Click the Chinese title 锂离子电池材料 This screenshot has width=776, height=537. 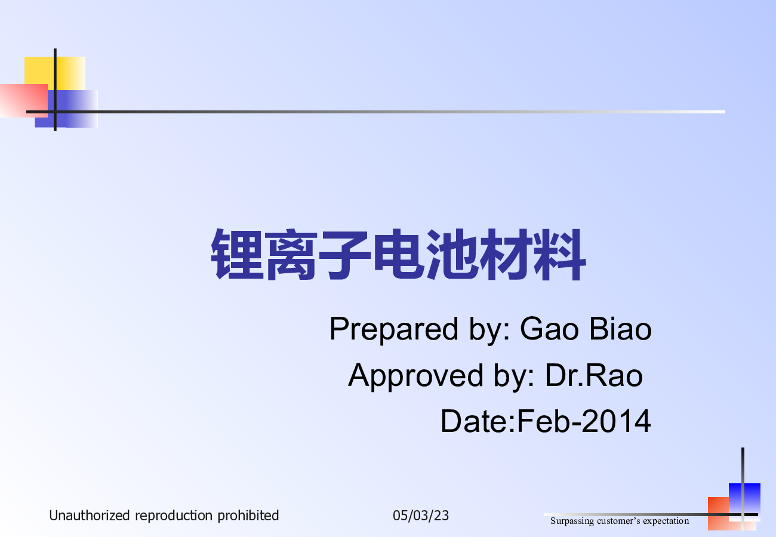398,254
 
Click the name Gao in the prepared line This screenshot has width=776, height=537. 549,329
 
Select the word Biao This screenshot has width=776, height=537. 620,329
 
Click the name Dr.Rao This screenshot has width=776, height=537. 594,375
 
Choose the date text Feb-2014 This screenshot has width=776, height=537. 584,421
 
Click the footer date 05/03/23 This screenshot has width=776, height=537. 421,516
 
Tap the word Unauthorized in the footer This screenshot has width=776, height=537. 90,516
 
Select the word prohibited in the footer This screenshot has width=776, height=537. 248,516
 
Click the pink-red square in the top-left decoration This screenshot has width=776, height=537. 23,101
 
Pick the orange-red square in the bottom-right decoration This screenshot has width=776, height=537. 720,514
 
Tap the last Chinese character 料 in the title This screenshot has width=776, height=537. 559,254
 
